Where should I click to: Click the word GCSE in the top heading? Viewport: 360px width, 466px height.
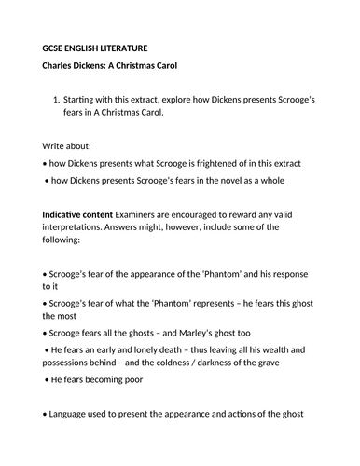tap(56, 46)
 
